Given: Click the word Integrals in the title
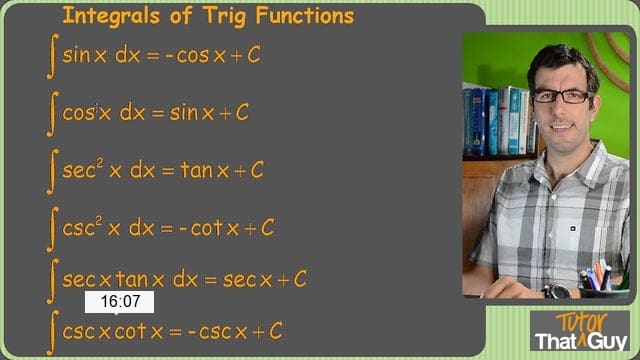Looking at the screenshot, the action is pyautogui.click(x=111, y=17).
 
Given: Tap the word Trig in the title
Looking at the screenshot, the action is pyautogui.click(x=224, y=17).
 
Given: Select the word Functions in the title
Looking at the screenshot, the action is pyautogui.click(x=304, y=16).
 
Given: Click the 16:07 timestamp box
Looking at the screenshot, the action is pyautogui.click(x=119, y=302).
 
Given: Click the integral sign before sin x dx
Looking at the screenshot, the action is pyautogui.click(x=53, y=56).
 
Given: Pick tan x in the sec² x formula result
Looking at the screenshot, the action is pyautogui.click(x=204, y=170).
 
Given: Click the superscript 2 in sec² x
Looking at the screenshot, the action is pyautogui.click(x=100, y=162).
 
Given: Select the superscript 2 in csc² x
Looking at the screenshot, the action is pyautogui.click(x=99, y=220).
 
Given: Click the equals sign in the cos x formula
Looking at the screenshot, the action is pyautogui.click(x=158, y=113).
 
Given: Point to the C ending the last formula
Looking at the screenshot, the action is pyautogui.click(x=276, y=331).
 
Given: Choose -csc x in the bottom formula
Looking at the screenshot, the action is pyautogui.click(x=218, y=331).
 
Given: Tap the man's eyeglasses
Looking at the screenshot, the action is pyautogui.click(x=562, y=96).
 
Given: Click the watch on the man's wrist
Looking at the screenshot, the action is pyautogui.click(x=556, y=291).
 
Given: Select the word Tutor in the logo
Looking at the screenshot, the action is pyautogui.click(x=582, y=322).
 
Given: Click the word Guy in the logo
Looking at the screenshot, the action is pyautogui.click(x=608, y=341).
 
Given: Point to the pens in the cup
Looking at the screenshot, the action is pyautogui.click(x=598, y=276).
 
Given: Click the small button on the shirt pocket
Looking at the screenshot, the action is pyautogui.click(x=573, y=229).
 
